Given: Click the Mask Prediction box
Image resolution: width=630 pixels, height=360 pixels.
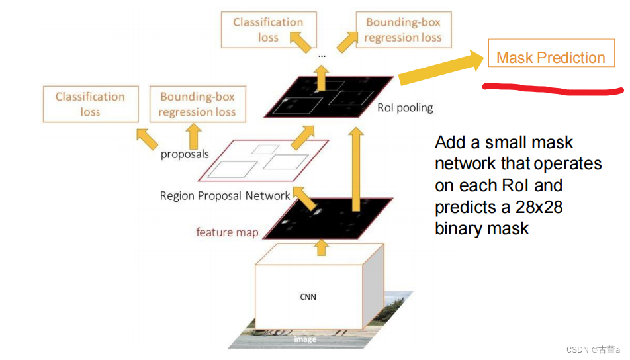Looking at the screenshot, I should (x=551, y=58).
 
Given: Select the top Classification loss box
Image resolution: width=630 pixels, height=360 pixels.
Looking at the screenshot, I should (x=268, y=30).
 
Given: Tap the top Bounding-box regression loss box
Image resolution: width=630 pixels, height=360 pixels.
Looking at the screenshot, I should (x=403, y=30).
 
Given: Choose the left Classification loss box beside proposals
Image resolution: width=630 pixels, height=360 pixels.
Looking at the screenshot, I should (x=91, y=104).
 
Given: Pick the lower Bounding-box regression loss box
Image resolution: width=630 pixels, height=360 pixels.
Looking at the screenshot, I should (x=197, y=104).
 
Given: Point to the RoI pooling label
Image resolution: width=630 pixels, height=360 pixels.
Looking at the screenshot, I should (x=405, y=107).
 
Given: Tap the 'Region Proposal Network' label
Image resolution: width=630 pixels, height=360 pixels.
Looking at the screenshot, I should (x=225, y=196).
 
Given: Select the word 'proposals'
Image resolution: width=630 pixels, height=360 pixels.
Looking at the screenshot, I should (x=185, y=154).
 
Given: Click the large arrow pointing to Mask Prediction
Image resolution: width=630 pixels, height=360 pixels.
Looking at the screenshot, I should (x=440, y=71).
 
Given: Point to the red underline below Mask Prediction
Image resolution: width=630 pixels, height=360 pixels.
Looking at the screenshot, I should (x=553, y=88).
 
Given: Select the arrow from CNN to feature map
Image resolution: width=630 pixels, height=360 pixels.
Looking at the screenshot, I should (x=322, y=247).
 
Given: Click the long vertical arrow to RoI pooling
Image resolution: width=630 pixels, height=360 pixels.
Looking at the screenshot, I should (x=357, y=169).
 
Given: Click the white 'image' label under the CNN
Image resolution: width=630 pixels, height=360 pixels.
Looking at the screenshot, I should (x=305, y=339).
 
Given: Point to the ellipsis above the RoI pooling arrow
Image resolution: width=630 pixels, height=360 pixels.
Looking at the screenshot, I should (x=322, y=56).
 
